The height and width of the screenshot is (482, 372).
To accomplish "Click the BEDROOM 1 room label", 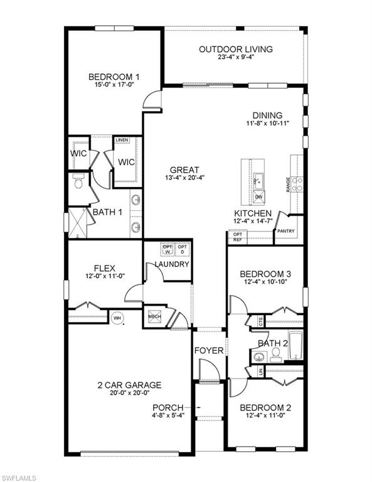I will point(113,77).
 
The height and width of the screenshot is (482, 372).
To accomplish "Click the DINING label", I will point(267,115).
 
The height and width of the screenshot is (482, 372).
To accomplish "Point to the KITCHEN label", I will point(253,213).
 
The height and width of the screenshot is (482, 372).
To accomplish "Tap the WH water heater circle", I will point(117,318).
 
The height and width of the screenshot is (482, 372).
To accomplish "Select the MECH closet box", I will point(155,317).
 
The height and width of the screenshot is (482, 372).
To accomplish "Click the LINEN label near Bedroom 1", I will point(122,140).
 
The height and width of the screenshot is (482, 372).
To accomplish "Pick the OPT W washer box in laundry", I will point(167,249).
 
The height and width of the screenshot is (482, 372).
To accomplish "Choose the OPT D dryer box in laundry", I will point(183,249).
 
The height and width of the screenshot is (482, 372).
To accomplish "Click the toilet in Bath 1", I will point(78,183).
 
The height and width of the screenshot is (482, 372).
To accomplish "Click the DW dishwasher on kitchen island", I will point(258,197).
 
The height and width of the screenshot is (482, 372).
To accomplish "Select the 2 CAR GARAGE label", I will point(129,385).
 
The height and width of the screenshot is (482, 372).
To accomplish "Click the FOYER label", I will point(208,350).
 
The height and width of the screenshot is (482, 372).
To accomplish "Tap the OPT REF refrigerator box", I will point(238,237).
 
